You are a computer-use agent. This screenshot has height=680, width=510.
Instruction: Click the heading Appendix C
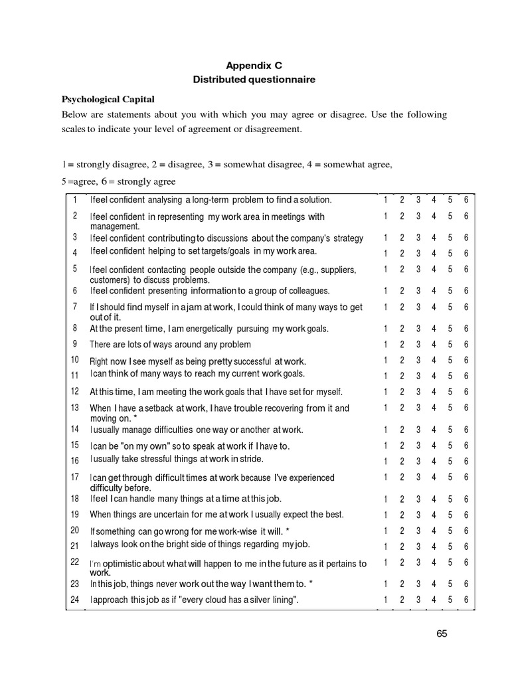point(254,66)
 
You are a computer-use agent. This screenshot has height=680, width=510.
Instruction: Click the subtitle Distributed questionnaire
point(254,80)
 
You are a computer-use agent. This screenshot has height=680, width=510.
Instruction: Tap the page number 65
point(442,634)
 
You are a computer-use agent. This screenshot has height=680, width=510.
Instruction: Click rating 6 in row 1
point(467,200)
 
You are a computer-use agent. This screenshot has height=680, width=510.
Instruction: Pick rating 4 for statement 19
point(434,515)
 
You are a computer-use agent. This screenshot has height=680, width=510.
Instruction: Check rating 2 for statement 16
point(402,462)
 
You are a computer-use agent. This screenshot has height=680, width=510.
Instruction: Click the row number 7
point(75,306)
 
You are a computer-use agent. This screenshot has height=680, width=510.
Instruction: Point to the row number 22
point(75,562)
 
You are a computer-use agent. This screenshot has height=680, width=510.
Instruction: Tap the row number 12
point(75,391)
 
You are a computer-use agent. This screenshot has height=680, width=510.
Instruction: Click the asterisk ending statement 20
point(287,531)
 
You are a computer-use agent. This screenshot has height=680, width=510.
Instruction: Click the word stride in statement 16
point(250,459)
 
